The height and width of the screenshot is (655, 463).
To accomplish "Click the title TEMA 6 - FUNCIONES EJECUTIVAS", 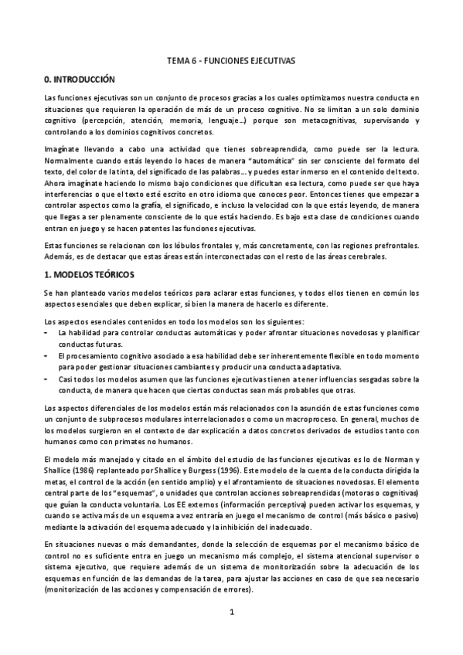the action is (x=231, y=59).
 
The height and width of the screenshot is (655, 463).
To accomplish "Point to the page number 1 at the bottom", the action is (x=231, y=613).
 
